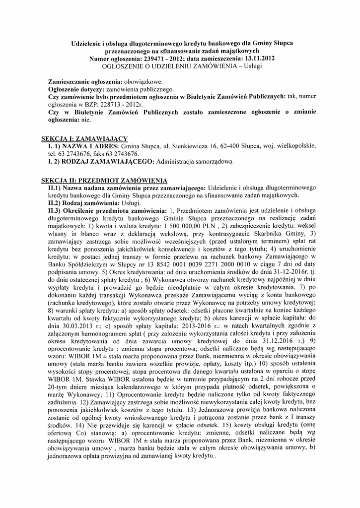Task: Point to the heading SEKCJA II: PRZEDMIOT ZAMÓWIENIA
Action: [x=104, y=180]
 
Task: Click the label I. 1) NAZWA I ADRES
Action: [x=83, y=147]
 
